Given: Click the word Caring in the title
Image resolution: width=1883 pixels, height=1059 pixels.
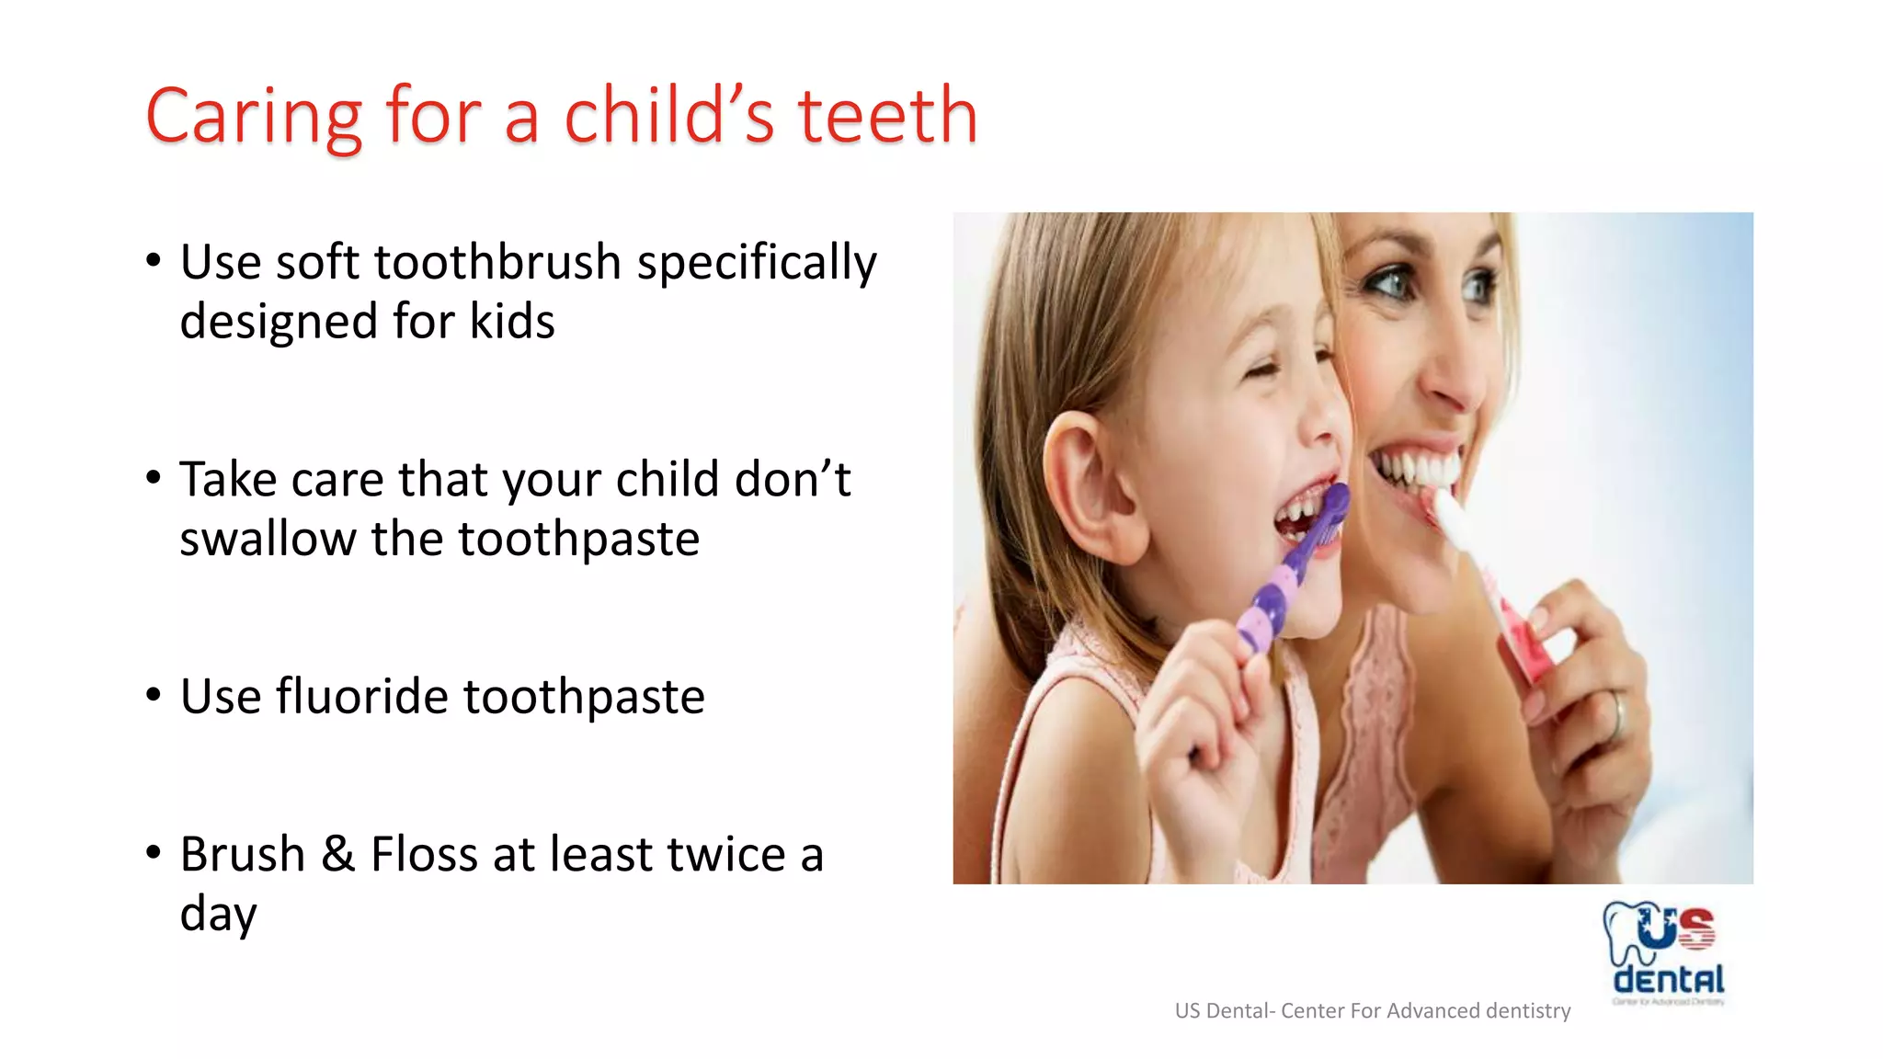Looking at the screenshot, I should (x=254, y=118).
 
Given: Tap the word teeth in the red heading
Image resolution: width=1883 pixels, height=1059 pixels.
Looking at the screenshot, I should (x=887, y=116).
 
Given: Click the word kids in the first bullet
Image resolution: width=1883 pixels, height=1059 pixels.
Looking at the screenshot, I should (x=512, y=322).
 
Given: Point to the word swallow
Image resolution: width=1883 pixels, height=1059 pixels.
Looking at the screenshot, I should (x=268, y=539).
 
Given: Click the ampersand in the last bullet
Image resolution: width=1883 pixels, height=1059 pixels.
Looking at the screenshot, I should (x=338, y=854).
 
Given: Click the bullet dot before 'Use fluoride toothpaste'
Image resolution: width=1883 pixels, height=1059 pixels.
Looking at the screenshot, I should (x=154, y=695).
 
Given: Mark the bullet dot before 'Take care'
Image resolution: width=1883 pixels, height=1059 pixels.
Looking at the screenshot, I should (x=154, y=478).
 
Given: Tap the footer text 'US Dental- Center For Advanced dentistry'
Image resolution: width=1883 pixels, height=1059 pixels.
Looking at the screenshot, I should (x=1372, y=1011).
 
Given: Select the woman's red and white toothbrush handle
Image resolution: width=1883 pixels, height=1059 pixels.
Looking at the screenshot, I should (x=1517, y=634).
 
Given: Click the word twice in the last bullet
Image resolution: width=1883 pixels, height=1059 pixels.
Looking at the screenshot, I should (x=726, y=854).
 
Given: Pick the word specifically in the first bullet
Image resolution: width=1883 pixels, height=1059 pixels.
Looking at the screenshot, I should (x=757, y=264).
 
